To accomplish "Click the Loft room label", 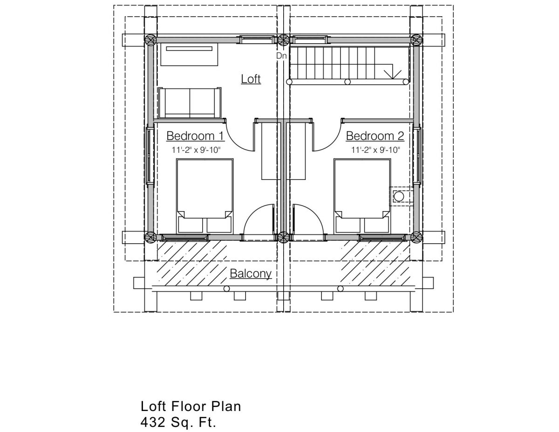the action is click(x=251, y=79).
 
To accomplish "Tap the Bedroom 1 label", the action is click(x=195, y=136).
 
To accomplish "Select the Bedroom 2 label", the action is click(x=375, y=136).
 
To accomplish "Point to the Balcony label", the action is click(x=251, y=274).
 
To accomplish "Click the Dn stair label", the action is click(x=281, y=56).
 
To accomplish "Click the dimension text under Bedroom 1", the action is click(x=196, y=150).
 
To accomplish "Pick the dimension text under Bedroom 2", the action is click(x=376, y=150).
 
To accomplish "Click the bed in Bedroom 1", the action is click(x=205, y=196).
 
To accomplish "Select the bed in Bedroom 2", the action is click(x=362, y=196).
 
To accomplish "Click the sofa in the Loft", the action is click(x=190, y=103).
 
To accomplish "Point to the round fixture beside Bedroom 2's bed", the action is click(x=399, y=197).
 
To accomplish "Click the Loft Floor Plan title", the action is click(x=191, y=406).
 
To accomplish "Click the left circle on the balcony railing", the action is click(x=226, y=288).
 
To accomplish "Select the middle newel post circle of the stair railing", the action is click(x=348, y=82).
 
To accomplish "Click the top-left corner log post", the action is click(x=150, y=41).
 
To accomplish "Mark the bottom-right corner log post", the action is click(x=416, y=237).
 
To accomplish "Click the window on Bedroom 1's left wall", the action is click(x=150, y=154).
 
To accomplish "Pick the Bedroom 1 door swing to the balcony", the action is click(x=259, y=223).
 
